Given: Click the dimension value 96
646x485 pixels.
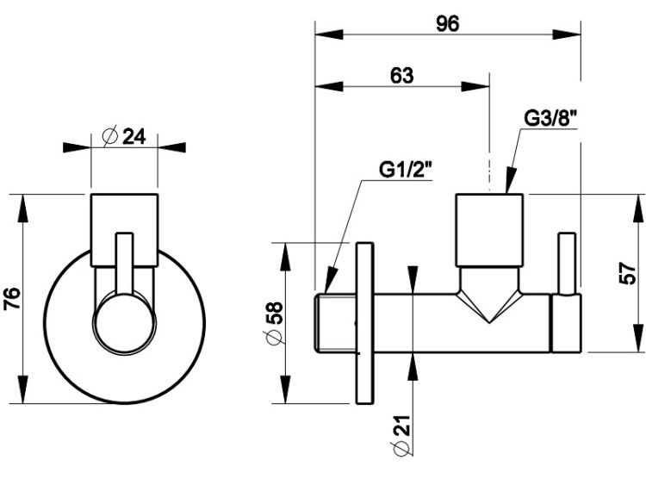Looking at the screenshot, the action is [x=447, y=24].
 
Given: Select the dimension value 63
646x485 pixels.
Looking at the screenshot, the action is [x=401, y=76].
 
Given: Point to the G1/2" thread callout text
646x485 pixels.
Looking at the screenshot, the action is [x=406, y=170].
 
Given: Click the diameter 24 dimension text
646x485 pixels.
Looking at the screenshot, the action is [x=124, y=136].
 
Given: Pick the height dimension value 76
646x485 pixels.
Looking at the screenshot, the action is [x=12, y=299].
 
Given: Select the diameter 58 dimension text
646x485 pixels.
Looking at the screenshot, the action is [x=275, y=323].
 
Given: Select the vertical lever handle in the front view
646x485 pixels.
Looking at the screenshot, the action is [x=124, y=264].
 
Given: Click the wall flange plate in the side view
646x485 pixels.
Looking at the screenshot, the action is [x=365, y=323].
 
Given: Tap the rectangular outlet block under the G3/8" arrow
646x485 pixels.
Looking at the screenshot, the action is [x=489, y=230].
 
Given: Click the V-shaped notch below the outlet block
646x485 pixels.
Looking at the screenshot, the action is [x=489, y=295].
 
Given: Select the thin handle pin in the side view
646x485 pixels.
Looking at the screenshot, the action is [x=567, y=264].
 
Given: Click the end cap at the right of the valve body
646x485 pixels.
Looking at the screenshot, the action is [x=567, y=323].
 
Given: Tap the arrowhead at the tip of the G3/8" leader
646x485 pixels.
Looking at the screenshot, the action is [x=511, y=180].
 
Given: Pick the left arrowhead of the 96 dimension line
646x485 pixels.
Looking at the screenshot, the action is [x=329, y=34].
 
